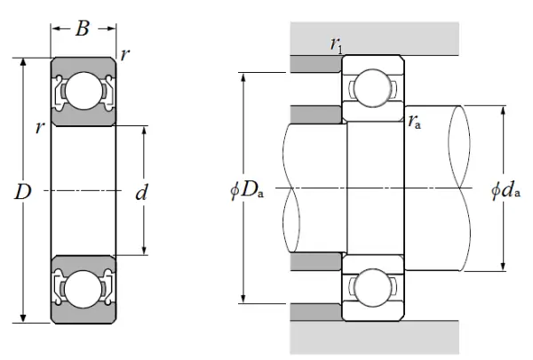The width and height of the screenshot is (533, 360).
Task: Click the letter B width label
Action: (82, 28)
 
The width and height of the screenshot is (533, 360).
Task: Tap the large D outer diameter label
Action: (22, 190)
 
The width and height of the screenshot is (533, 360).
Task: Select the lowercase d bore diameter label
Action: (140, 190)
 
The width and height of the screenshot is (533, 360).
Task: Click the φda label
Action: (504, 190)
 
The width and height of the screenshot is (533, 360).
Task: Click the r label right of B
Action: (125, 55)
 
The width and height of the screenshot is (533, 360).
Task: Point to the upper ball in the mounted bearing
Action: (374, 90)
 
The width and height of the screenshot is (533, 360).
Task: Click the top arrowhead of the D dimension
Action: (22, 62)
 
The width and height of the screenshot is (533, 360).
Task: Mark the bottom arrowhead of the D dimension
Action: (22, 319)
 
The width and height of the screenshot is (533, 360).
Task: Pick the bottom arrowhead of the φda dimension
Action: (503, 268)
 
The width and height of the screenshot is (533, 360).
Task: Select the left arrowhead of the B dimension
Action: (54, 28)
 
